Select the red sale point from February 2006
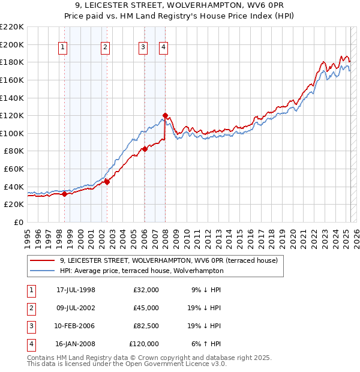point(145,149)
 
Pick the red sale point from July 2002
point(107,182)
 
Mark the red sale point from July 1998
point(65,193)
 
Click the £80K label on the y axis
point(14,151)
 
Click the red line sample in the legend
point(42,261)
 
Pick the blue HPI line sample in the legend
point(42,271)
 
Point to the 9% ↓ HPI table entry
point(206,290)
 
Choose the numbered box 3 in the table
point(31,326)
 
